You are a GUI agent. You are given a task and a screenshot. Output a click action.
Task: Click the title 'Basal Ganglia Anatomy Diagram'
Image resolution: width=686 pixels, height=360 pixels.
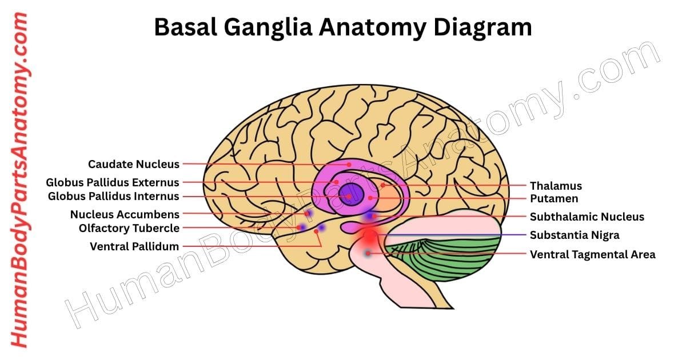(x=343, y=27)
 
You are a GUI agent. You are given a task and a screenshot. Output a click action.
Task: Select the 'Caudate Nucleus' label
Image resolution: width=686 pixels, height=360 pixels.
(x=133, y=165)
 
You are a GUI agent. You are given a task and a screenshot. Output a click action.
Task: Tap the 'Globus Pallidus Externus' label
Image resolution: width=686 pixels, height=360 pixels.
(x=113, y=183)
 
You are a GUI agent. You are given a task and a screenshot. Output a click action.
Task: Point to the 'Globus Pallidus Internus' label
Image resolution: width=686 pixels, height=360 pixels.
(x=113, y=197)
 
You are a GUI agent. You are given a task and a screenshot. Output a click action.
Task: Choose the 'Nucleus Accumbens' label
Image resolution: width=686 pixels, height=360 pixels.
(x=125, y=215)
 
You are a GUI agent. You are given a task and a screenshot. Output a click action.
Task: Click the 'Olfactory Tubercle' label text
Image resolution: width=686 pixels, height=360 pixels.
(x=129, y=229)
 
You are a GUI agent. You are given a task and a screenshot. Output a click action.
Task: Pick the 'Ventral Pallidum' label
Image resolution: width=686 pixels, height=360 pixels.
(x=134, y=247)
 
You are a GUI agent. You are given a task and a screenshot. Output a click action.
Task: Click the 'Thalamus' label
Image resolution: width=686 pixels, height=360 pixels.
(x=556, y=186)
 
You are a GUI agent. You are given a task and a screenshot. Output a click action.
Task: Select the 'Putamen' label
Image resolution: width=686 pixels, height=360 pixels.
(x=554, y=199)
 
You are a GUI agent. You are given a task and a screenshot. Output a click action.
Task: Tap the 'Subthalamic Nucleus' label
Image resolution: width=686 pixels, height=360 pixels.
(x=587, y=217)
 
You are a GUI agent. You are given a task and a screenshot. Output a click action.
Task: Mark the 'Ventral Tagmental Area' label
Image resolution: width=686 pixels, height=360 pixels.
(x=592, y=254)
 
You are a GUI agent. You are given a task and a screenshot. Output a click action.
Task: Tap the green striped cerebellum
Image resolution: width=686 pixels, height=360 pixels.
(x=452, y=257)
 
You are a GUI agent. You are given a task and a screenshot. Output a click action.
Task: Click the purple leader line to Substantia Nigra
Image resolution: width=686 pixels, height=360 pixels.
(x=457, y=235)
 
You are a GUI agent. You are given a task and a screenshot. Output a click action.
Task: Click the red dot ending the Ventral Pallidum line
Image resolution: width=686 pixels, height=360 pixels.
(x=316, y=246)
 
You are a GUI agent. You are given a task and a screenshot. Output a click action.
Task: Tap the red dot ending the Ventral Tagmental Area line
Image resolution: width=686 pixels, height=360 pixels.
(x=369, y=253)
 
